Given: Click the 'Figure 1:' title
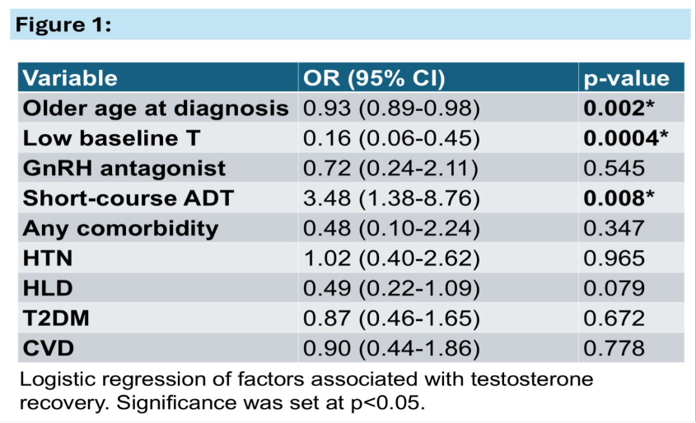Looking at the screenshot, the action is pyautogui.click(x=63, y=25).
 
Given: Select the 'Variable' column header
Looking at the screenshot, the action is pyautogui.click(x=70, y=78).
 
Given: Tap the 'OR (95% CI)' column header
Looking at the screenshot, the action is pyautogui.click(x=374, y=78).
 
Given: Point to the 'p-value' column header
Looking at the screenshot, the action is pyautogui.click(x=626, y=79).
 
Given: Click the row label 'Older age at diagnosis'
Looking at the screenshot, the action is pyautogui.click(x=156, y=109).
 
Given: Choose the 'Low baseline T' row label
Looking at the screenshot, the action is pyautogui.click(x=111, y=138).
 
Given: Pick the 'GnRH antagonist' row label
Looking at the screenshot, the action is pyautogui.click(x=124, y=169).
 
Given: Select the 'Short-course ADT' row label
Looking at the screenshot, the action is pyautogui.click(x=128, y=198).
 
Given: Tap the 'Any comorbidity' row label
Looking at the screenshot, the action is pyautogui.click(x=121, y=229).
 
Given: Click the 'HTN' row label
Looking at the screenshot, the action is pyautogui.click(x=48, y=258).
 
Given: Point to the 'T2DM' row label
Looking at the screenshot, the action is pyautogui.click(x=56, y=318).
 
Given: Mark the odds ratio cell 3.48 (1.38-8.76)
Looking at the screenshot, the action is pyautogui.click(x=391, y=198).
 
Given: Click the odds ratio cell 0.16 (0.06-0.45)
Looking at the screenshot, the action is pyautogui.click(x=391, y=138).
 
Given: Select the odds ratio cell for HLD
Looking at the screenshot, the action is pyautogui.click(x=391, y=288).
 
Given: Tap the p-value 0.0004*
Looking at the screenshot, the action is pyautogui.click(x=625, y=138).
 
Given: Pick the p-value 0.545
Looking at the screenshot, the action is pyautogui.click(x=614, y=169).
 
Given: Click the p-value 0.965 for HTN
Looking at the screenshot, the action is pyautogui.click(x=614, y=258).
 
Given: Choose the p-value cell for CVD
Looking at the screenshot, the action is pyautogui.click(x=614, y=348).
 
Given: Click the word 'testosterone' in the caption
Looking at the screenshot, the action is pyautogui.click(x=532, y=379).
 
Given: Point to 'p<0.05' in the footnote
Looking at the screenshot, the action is pyautogui.click(x=385, y=403).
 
